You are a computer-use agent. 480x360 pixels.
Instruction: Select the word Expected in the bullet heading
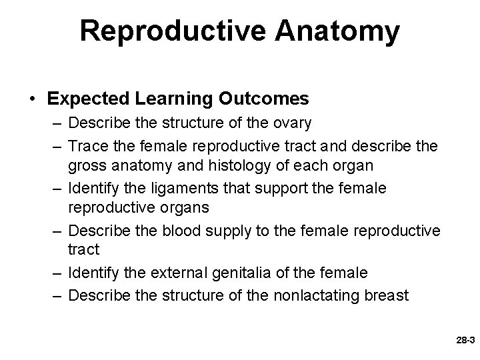point(83,99)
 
